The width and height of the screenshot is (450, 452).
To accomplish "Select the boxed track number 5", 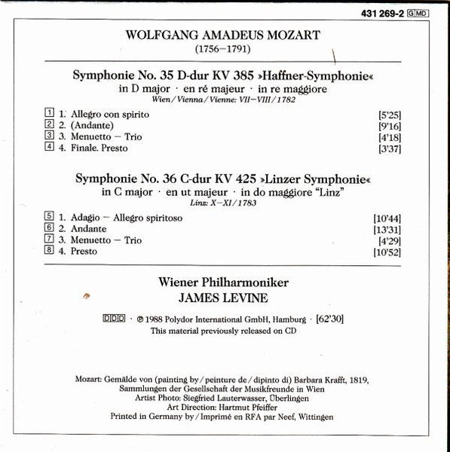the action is (x=50, y=217).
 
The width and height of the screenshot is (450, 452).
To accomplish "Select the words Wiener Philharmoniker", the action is (x=225, y=282).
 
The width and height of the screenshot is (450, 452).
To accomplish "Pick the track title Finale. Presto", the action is (x=95, y=148).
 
